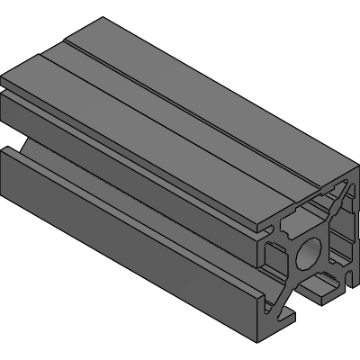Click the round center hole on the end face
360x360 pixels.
308,253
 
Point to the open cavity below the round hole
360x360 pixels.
317,286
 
